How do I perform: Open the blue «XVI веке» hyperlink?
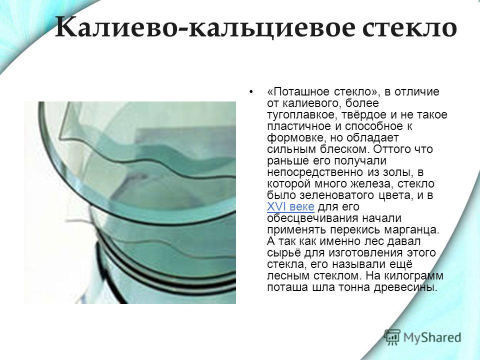(290, 206)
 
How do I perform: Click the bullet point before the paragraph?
(251, 91)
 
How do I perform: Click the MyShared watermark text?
(432, 337)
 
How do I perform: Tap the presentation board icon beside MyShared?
(392, 337)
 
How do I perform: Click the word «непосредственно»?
(314, 172)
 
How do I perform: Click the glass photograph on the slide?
(130, 202)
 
